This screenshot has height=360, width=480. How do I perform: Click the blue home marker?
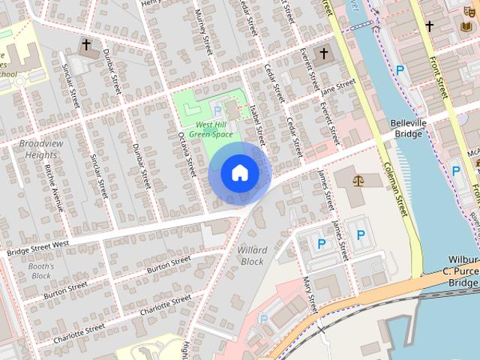click(239, 172)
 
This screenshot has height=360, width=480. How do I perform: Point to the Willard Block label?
click(252, 255)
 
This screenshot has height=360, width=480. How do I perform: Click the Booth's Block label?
click(42, 271)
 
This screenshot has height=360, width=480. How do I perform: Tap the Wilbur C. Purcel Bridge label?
click(458, 271)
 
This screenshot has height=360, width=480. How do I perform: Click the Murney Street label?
click(202, 30)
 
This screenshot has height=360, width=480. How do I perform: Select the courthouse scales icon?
click(357, 181)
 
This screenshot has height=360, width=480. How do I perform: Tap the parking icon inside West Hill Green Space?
click(217, 111)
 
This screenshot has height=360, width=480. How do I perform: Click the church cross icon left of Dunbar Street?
click(86, 45)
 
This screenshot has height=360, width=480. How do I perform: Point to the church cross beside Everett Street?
click(324, 53)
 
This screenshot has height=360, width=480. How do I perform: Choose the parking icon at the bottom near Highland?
click(263, 319)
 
